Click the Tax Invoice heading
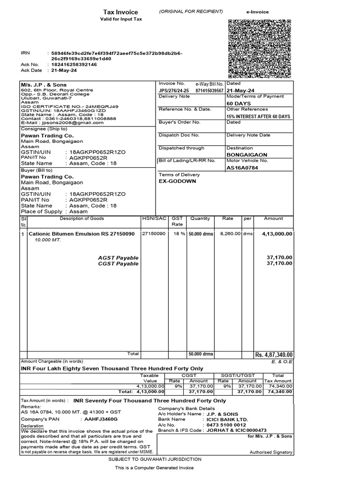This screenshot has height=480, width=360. coord(120,12)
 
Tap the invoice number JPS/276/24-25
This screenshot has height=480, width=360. coord(174,90)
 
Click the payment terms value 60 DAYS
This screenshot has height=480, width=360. coord(239,103)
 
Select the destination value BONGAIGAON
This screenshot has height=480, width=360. coord(247,154)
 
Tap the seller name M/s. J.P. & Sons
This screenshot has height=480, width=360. coord(43,85)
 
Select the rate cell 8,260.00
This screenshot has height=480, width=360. coord(230,233)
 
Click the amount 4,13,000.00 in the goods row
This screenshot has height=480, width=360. coord(277,233)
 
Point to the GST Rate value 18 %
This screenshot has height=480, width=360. coord(177,233)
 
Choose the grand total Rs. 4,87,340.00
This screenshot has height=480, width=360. coord(274,354)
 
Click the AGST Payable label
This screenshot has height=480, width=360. coord(118,258)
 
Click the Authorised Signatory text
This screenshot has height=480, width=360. coord(271,452)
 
